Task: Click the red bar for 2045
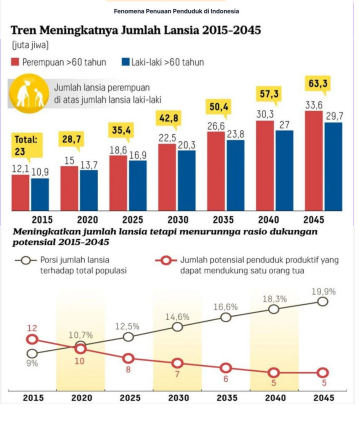tap(314, 161)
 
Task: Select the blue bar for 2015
tap(40, 194)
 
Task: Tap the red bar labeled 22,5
tap(167, 177)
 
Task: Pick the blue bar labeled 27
tap(285, 170)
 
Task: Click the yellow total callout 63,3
tap(318, 84)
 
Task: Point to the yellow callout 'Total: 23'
tap(27, 145)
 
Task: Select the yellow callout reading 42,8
tap(169, 118)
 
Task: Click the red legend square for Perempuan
tap(15, 62)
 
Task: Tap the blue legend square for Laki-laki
tap(126, 62)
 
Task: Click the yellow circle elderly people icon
tap(29, 94)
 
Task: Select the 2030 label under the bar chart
tap(178, 220)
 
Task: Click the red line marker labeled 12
tap(32, 340)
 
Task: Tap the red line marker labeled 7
tap(178, 363)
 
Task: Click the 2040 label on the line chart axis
tap(275, 398)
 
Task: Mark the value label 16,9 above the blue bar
tap(138, 155)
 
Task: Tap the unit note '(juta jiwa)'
tap(30, 45)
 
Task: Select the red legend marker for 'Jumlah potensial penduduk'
tap(166, 260)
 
